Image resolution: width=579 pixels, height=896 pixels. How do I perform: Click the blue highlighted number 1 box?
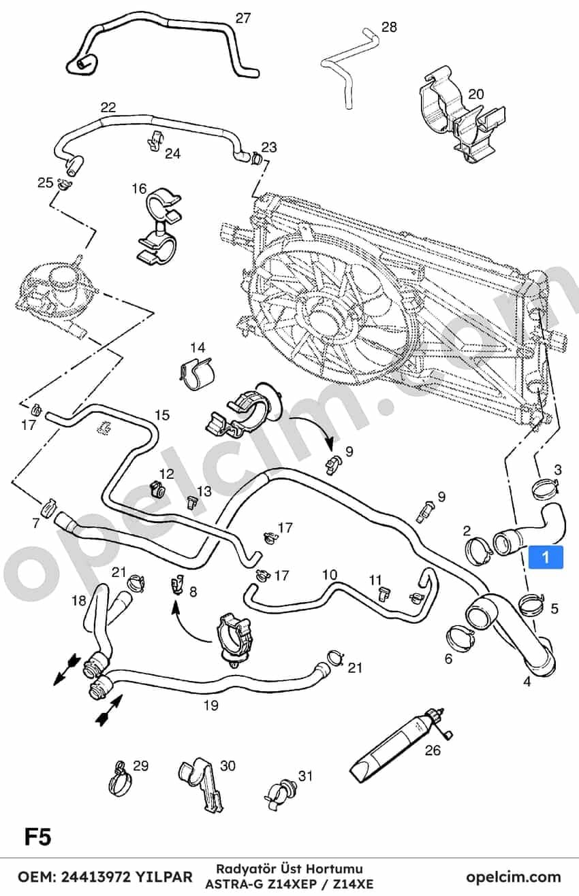pos(546,557)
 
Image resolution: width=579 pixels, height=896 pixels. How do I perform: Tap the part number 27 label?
pos(242,18)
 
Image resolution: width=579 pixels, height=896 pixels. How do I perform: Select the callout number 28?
pos(389,28)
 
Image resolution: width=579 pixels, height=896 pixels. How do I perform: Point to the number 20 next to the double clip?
pos(476,95)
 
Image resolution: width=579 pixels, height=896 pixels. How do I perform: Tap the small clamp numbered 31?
pos(280,789)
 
